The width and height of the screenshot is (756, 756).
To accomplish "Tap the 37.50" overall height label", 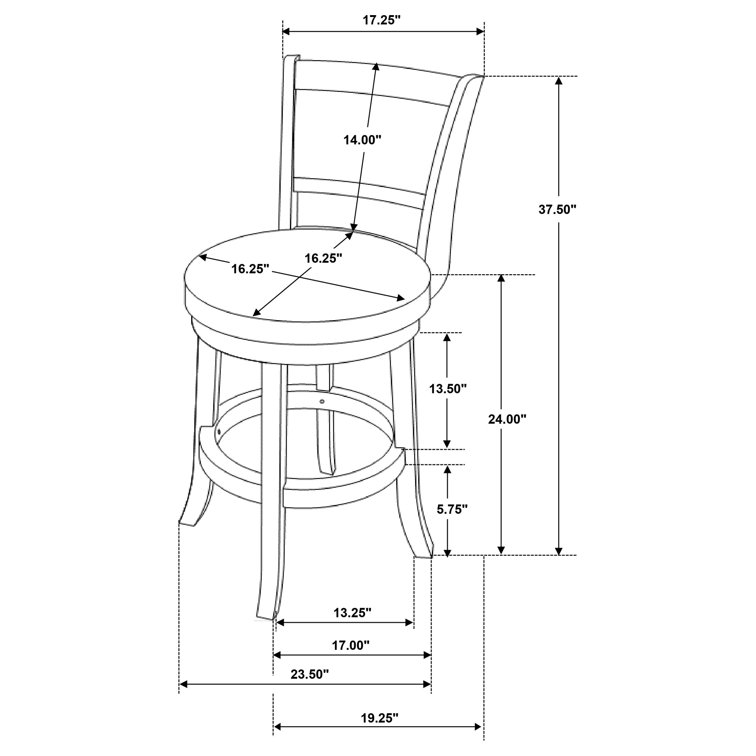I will (x=558, y=209).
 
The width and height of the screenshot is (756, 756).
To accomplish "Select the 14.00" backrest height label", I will (x=362, y=140).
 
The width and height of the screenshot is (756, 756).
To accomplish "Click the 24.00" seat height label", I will (x=507, y=419).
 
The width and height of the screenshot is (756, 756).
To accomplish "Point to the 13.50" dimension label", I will (x=448, y=389).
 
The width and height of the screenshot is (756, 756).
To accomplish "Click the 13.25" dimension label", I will (x=352, y=612).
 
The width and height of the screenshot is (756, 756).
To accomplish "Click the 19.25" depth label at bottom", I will (x=379, y=718).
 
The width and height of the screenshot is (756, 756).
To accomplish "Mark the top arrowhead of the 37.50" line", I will (x=559, y=81).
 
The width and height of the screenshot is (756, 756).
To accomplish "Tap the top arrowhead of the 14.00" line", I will (x=376, y=67).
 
